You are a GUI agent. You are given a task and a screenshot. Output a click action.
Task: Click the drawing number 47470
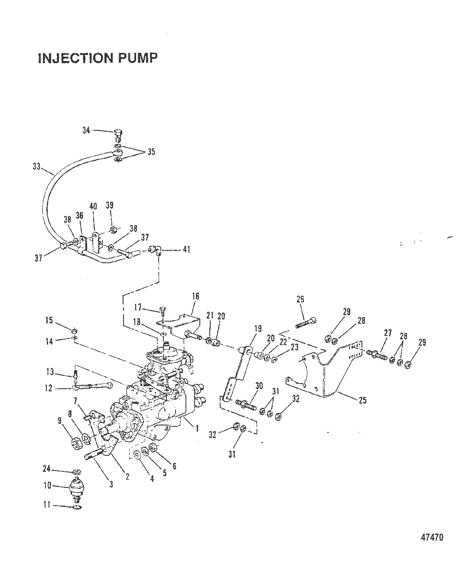tap(432, 538)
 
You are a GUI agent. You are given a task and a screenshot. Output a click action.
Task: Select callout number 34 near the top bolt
tap(86, 130)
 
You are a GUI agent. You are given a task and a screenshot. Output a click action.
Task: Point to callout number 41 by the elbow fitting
tap(186, 250)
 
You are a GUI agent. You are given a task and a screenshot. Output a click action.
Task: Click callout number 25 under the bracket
tap(362, 400)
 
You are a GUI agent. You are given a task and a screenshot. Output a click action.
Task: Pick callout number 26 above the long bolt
tap(300, 299)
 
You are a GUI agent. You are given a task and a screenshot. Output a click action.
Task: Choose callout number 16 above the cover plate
tap(195, 296)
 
